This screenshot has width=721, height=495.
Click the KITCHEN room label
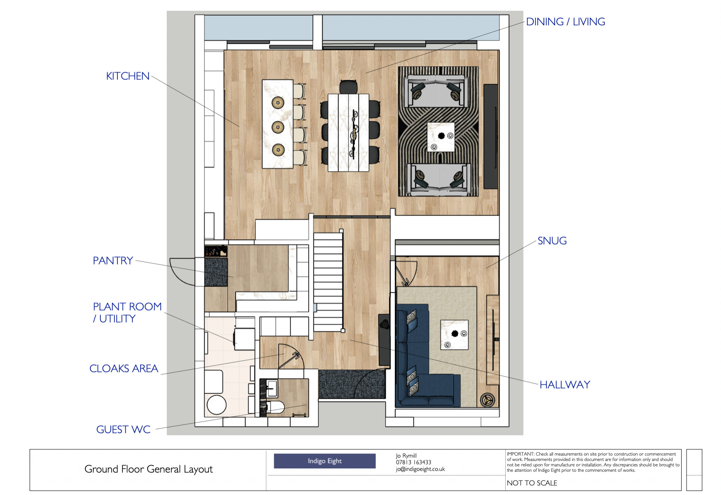coord(127,76)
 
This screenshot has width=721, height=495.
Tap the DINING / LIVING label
coord(565,22)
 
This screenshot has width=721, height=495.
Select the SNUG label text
coord(552,241)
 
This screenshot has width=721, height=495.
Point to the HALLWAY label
coord(565,385)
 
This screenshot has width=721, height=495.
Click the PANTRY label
coord(113,261)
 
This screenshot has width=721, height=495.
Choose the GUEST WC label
coord(123,429)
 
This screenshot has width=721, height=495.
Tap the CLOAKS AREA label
coord(124,369)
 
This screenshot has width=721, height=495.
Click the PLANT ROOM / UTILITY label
coord(127,313)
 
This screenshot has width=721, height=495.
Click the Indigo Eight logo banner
coord(324,461)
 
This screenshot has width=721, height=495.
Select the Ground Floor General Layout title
coord(149,469)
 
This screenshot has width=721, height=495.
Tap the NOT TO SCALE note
coord(532,483)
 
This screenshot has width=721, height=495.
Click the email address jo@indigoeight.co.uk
coord(420,469)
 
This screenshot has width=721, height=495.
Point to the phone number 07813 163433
coord(413,462)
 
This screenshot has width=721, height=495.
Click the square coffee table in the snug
coord(454,335)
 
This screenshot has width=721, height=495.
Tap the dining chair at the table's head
coord(348,86)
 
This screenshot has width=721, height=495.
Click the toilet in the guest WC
coord(275,407)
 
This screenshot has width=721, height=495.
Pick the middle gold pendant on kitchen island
coord(278,126)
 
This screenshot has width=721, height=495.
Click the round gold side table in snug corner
coord(487,400)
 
